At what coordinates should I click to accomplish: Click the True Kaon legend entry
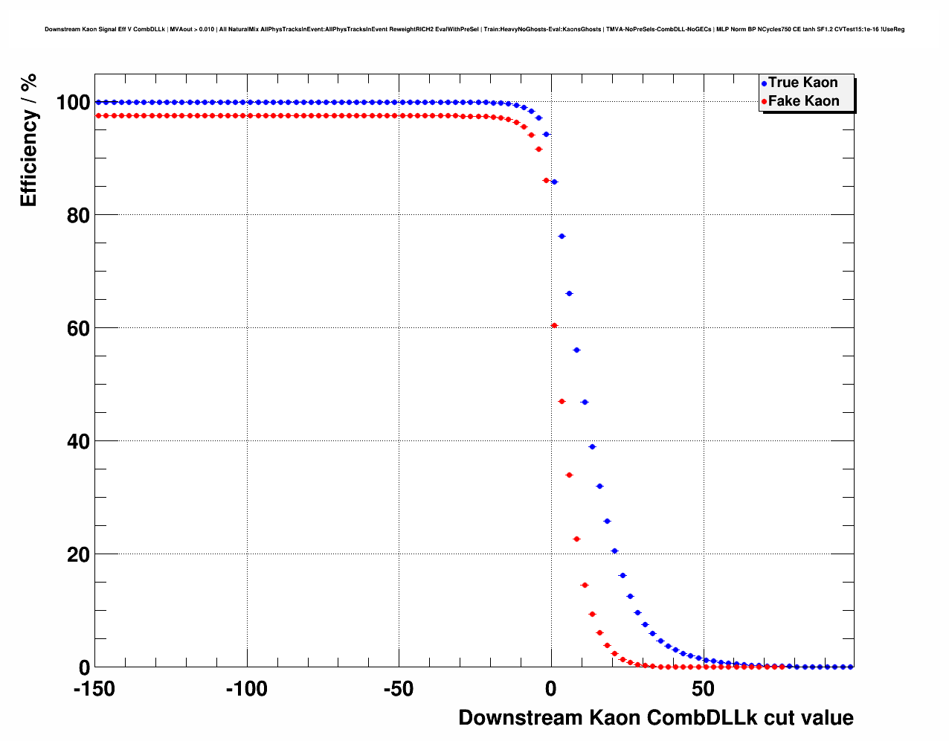[802, 83]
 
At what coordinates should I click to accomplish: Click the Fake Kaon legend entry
[803, 101]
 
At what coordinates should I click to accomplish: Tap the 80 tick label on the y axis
[78, 216]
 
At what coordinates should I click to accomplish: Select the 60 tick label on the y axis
[78, 329]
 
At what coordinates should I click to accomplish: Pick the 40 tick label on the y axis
[78, 442]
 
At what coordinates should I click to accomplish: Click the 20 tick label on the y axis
[78, 555]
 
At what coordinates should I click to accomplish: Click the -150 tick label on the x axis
[94, 689]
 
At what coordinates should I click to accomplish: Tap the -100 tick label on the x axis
[246, 689]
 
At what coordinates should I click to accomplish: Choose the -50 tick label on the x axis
[399, 689]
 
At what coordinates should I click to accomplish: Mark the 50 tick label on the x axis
[703, 689]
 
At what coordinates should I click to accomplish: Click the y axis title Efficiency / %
[28, 141]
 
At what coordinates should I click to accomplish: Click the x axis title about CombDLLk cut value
[655, 718]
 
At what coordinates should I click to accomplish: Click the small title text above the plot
[474, 30]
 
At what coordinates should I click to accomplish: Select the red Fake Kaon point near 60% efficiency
[554, 325]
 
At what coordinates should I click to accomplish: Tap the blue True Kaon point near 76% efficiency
[562, 236]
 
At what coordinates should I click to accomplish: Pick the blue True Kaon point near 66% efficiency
[569, 293]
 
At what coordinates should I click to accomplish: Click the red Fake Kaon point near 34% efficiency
[569, 475]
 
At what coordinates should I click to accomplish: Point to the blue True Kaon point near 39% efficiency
[592, 446]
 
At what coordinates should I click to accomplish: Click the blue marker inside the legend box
[764, 83]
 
